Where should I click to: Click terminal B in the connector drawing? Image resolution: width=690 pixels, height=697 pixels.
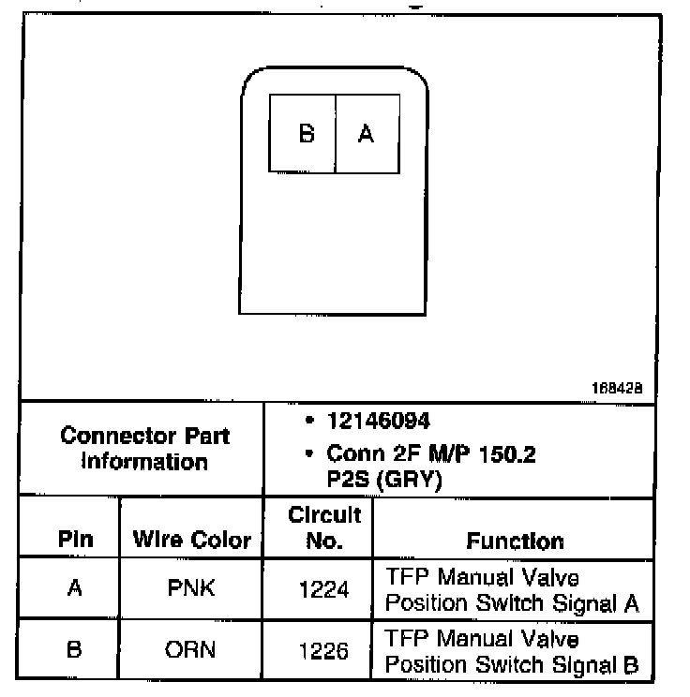306,134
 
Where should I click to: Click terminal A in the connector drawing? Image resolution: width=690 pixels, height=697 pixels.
367,134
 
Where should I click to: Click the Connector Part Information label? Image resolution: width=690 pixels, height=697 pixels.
144,449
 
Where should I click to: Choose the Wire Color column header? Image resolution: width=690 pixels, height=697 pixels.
192,540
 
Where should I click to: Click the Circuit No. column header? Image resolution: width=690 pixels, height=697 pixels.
324,527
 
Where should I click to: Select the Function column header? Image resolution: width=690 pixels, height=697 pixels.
515,541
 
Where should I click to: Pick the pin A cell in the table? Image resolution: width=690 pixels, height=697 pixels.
74,588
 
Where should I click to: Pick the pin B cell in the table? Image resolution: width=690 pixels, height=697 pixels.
74,649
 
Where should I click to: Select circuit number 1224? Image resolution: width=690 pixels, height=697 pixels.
323,589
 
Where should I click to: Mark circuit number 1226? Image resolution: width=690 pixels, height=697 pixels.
323,650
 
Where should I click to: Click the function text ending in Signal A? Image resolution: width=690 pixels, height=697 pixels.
512,590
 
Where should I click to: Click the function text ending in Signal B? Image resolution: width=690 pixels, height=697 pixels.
512,652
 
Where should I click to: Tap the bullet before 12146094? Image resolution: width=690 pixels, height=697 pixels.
308,422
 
